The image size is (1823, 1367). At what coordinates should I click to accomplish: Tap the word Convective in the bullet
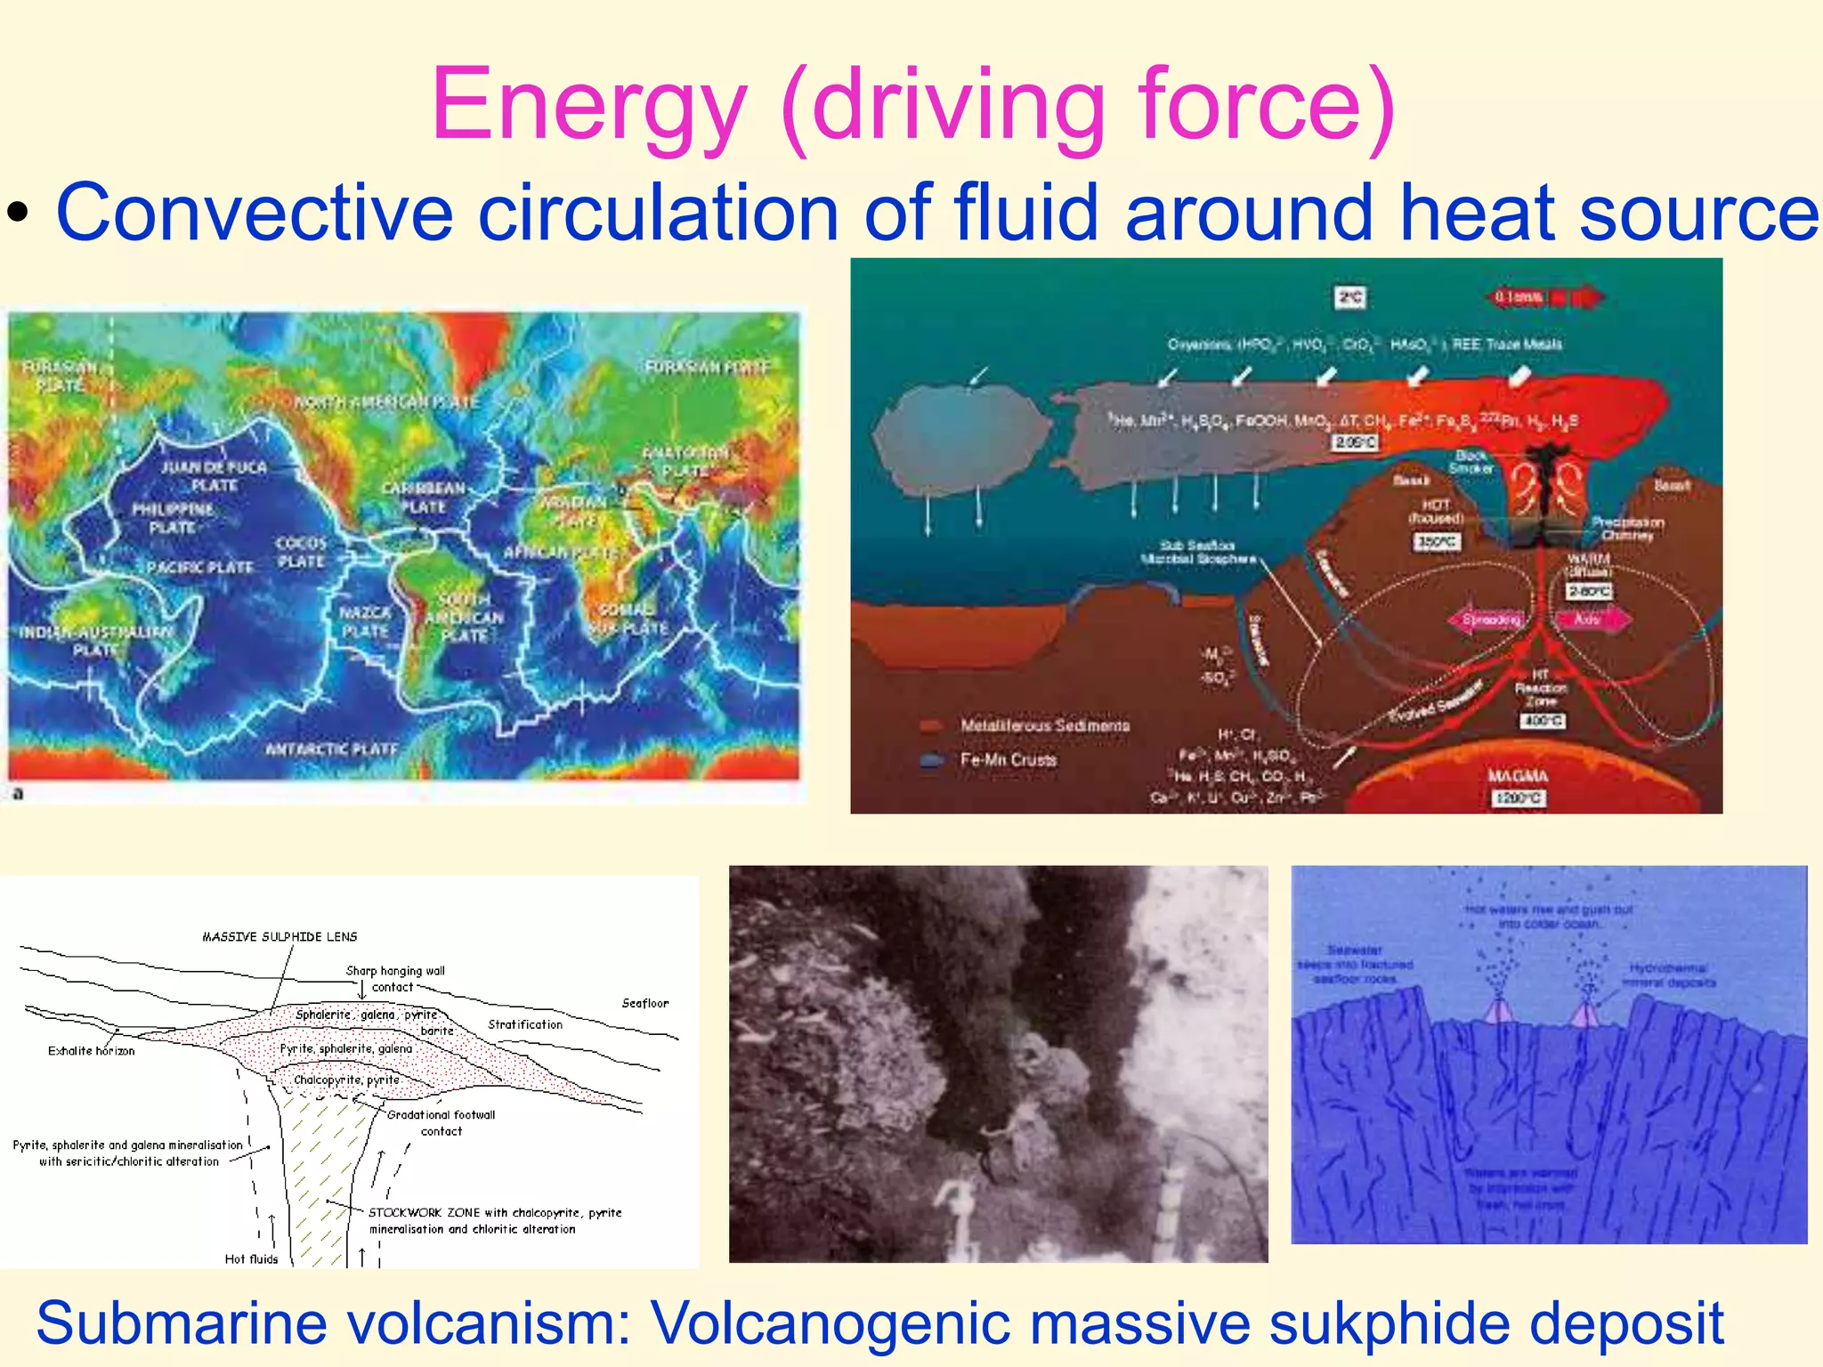[255, 214]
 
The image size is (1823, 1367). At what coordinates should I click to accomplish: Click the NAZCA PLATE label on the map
[365, 622]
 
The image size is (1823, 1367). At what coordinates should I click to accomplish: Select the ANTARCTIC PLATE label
[331, 749]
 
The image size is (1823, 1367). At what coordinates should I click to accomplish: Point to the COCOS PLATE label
[301, 552]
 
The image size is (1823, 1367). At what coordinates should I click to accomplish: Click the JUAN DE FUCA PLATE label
[214, 476]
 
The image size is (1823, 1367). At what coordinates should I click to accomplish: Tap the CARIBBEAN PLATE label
[424, 497]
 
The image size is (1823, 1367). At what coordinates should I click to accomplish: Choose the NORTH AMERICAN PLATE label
[387, 402]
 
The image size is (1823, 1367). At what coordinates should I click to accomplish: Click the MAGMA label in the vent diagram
[1518, 776]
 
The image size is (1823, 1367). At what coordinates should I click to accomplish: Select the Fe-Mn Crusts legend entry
[1008, 760]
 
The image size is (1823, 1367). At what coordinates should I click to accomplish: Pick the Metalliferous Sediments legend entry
[1044, 726]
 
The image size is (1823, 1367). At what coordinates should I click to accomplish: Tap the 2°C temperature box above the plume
[1350, 297]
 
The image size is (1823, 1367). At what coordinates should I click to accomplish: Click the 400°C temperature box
[1542, 721]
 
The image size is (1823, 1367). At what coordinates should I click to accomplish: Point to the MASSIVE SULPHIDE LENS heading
[280, 936]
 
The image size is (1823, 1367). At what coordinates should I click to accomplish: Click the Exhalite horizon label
[91, 1051]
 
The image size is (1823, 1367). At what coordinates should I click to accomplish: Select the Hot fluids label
[251, 1258]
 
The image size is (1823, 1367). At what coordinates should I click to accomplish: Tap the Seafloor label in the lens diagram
[644, 1003]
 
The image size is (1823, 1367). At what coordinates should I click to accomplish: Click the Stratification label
[525, 1024]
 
